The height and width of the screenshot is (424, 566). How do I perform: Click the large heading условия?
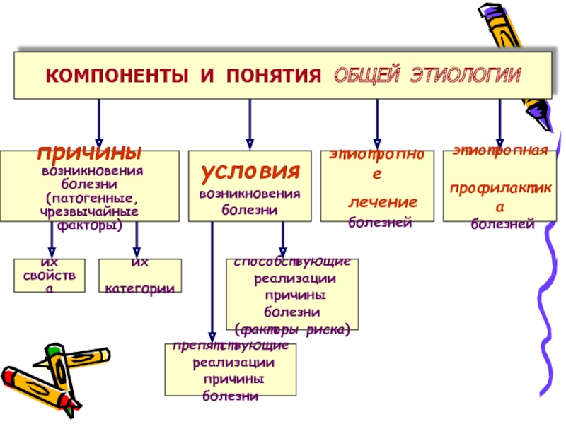tap(250, 170)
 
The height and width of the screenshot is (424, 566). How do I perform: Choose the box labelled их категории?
tap(140, 276)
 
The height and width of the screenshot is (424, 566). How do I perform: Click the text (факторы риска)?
tap(292, 329)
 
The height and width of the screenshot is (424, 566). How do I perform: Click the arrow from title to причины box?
tap(99, 124)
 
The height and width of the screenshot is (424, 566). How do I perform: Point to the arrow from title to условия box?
tap(249, 124)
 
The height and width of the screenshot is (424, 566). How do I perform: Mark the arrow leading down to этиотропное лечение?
tap(377, 124)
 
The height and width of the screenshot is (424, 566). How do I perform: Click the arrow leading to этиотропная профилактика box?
tap(500, 124)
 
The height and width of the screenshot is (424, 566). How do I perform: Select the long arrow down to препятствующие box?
tap(212, 283)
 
